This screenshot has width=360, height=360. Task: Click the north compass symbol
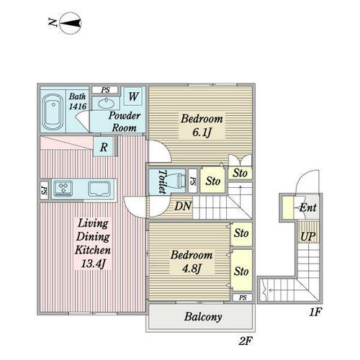click(x=71, y=23)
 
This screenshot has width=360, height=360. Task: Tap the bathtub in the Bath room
click(x=53, y=112)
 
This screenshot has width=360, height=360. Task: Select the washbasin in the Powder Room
click(x=106, y=103)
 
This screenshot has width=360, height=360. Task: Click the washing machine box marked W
click(x=133, y=96)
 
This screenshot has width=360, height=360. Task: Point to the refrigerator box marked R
click(x=103, y=147)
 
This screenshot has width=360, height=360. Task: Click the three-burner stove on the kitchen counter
click(x=63, y=188)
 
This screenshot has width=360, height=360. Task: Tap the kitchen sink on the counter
click(x=99, y=189)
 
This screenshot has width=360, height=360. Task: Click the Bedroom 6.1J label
click(x=202, y=125)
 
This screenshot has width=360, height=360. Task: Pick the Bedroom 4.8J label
click(x=192, y=262)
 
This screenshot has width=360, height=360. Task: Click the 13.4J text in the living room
click(x=94, y=264)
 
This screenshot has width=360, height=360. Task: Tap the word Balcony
click(x=203, y=317)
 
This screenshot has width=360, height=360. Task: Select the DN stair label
click(x=183, y=206)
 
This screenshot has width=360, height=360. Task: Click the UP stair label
click(x=308, y=236)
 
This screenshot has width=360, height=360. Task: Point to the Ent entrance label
click(x=308, y=207)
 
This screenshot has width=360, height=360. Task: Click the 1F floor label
click(x=315, y=312)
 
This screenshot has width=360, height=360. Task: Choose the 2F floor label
click(x=246, y=341)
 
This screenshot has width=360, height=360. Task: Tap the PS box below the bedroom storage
click(x=243, y=297)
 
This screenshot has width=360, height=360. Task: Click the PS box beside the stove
click(x=44, y=190)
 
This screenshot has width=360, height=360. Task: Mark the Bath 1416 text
click(x=78, y=102)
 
